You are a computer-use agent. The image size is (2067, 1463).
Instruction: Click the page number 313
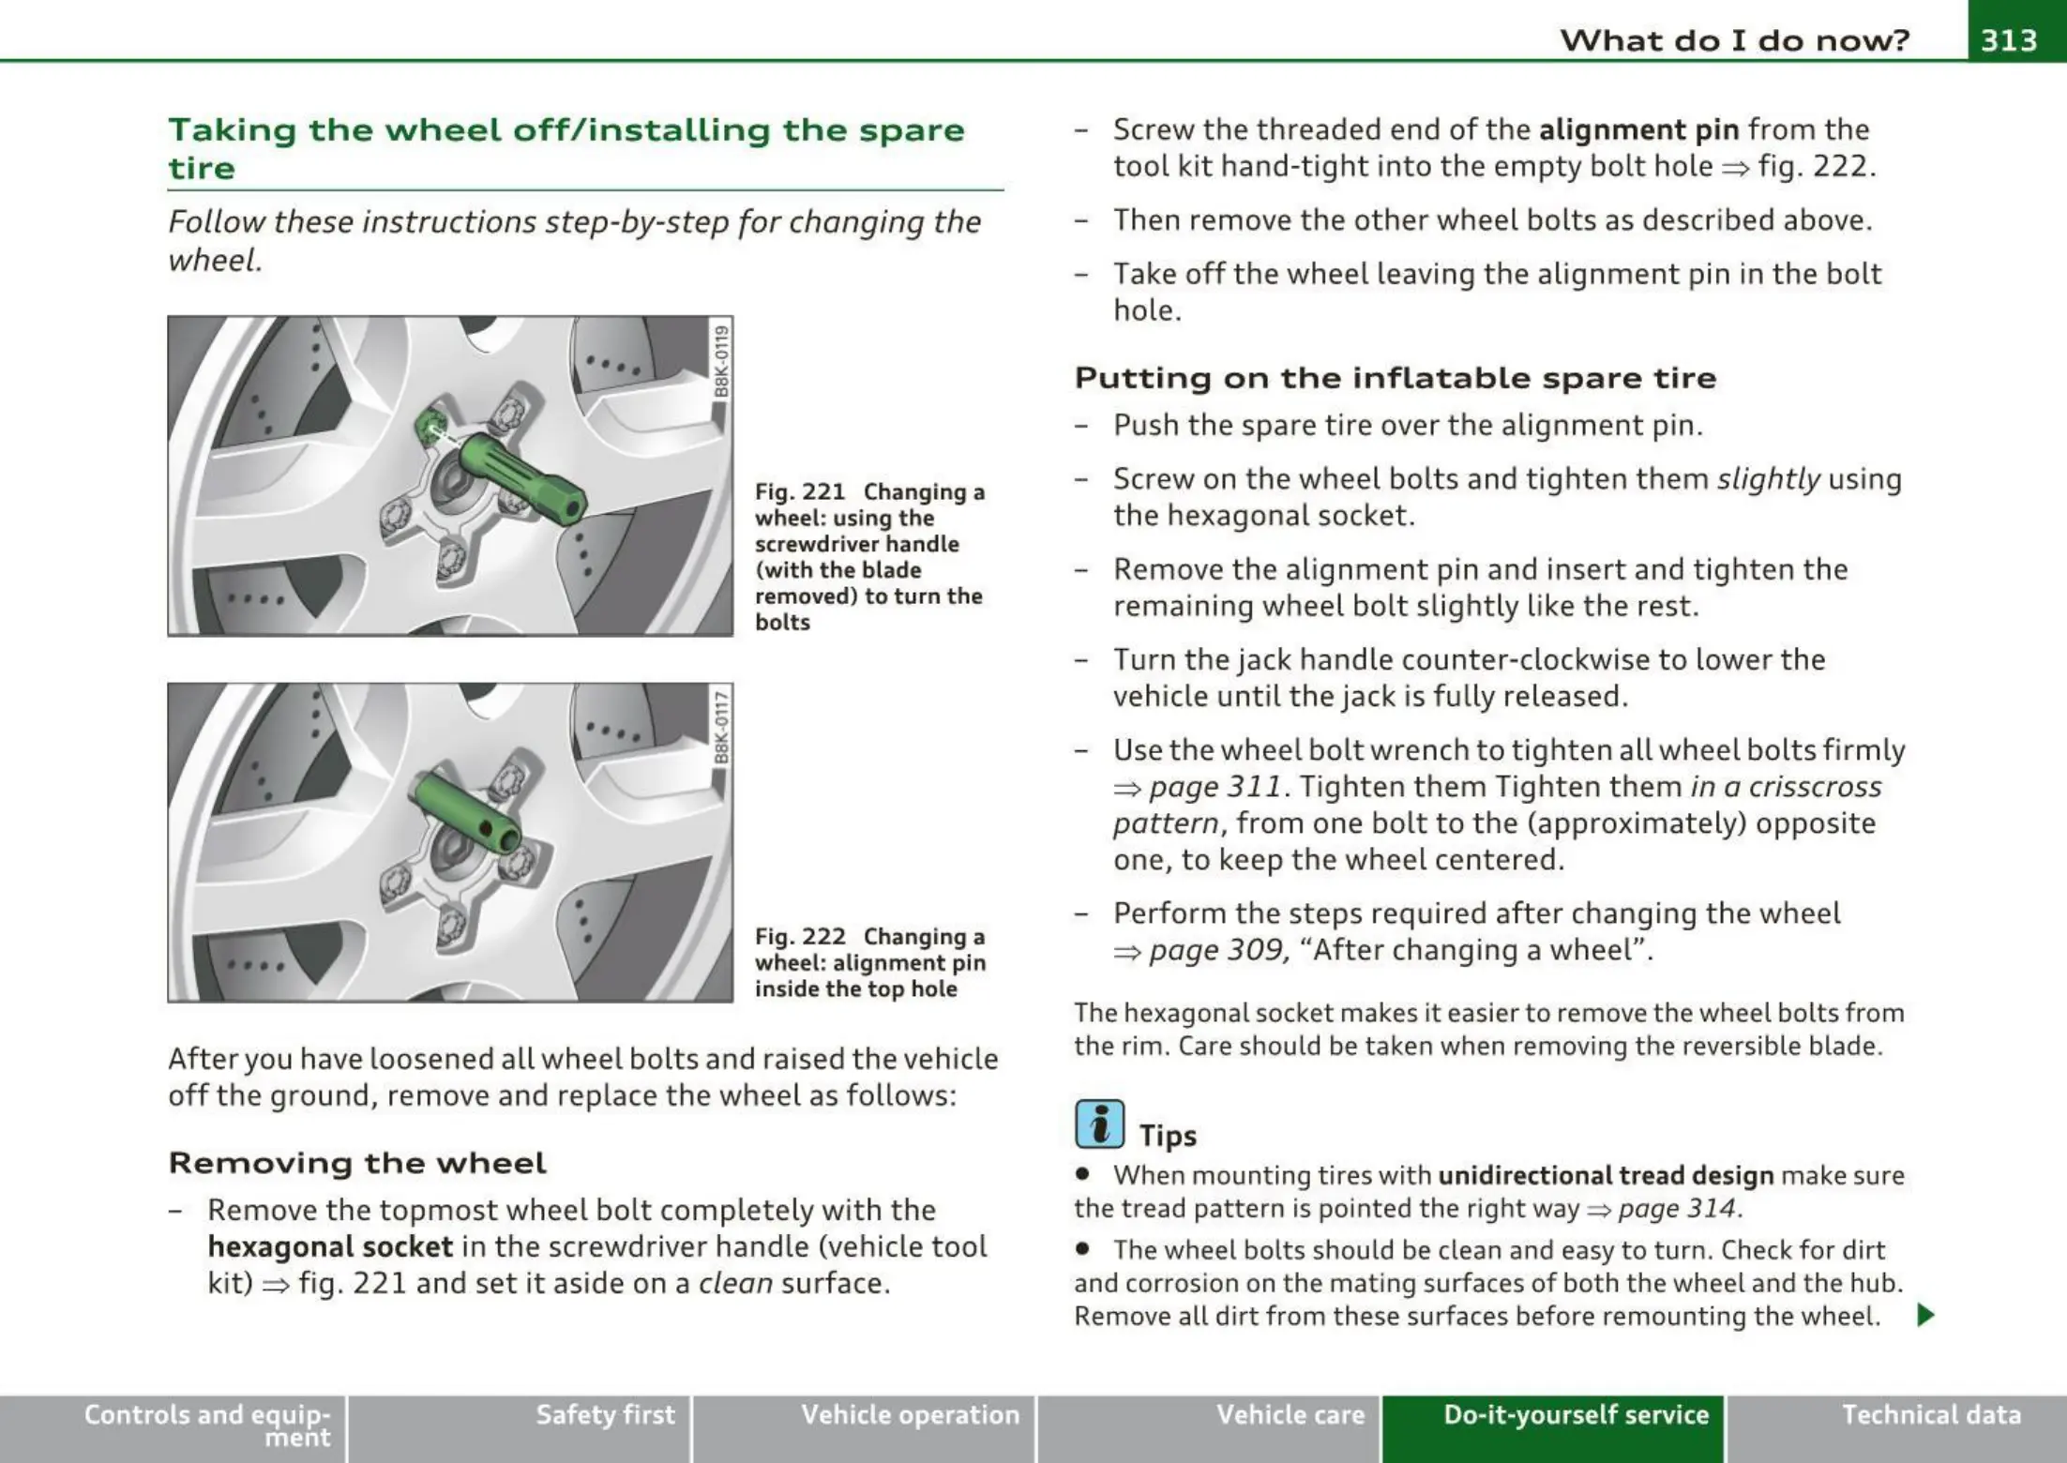(2009, 39)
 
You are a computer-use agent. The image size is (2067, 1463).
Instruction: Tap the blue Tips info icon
(1099, 1124)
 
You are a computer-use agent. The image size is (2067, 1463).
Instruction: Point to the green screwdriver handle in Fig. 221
(521, 475)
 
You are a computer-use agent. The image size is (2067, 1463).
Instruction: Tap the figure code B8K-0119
(720, 360)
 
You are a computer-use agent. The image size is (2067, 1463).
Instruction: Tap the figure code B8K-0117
(720, 727)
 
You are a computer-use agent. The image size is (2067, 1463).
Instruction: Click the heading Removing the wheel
(357, 1163)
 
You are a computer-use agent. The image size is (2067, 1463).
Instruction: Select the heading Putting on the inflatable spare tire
(1396, 378)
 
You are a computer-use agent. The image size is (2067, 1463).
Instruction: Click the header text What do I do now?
(1735, 39)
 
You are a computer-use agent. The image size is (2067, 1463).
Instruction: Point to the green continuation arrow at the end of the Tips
(1925, 1315)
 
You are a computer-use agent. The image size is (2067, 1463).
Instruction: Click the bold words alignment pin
(1639, 128)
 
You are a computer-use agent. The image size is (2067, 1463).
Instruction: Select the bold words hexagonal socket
(330, 1246)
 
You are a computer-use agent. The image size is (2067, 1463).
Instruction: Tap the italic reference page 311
(1215, 786)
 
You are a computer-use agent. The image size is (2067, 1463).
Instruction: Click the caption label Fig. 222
(800, 936)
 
